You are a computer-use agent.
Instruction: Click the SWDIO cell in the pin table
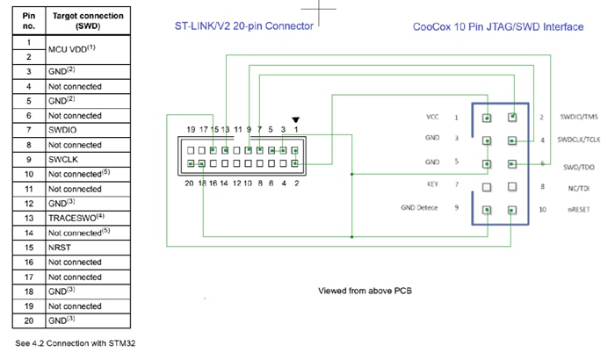tap(63, 130)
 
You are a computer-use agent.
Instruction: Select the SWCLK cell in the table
tap(64, 159)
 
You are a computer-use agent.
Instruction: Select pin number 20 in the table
tap(29, 320)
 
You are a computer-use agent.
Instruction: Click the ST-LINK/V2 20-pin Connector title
tap(243, 26)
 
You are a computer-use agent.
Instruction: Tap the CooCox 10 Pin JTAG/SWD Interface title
tap(497, 26)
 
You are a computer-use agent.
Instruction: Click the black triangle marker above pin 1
tap(296, 120)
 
